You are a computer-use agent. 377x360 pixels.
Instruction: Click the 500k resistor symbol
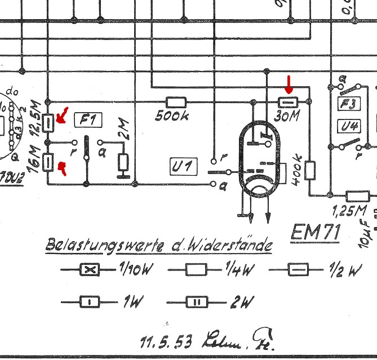[177, 102]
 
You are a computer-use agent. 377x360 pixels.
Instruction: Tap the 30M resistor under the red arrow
[289, 102]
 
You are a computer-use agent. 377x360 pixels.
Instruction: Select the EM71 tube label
[316, 232]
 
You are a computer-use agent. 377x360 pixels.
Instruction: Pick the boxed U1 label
[182, 166]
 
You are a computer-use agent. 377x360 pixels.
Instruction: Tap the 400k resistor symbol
[309, 170]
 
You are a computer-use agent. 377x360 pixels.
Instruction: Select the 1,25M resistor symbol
[357, 196]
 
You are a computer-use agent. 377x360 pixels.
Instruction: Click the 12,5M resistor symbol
[49, 121]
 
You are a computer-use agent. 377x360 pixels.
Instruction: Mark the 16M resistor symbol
[49, 163]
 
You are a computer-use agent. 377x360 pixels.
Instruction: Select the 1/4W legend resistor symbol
[196, 270]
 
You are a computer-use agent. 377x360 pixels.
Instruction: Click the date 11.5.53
[166, 341]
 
